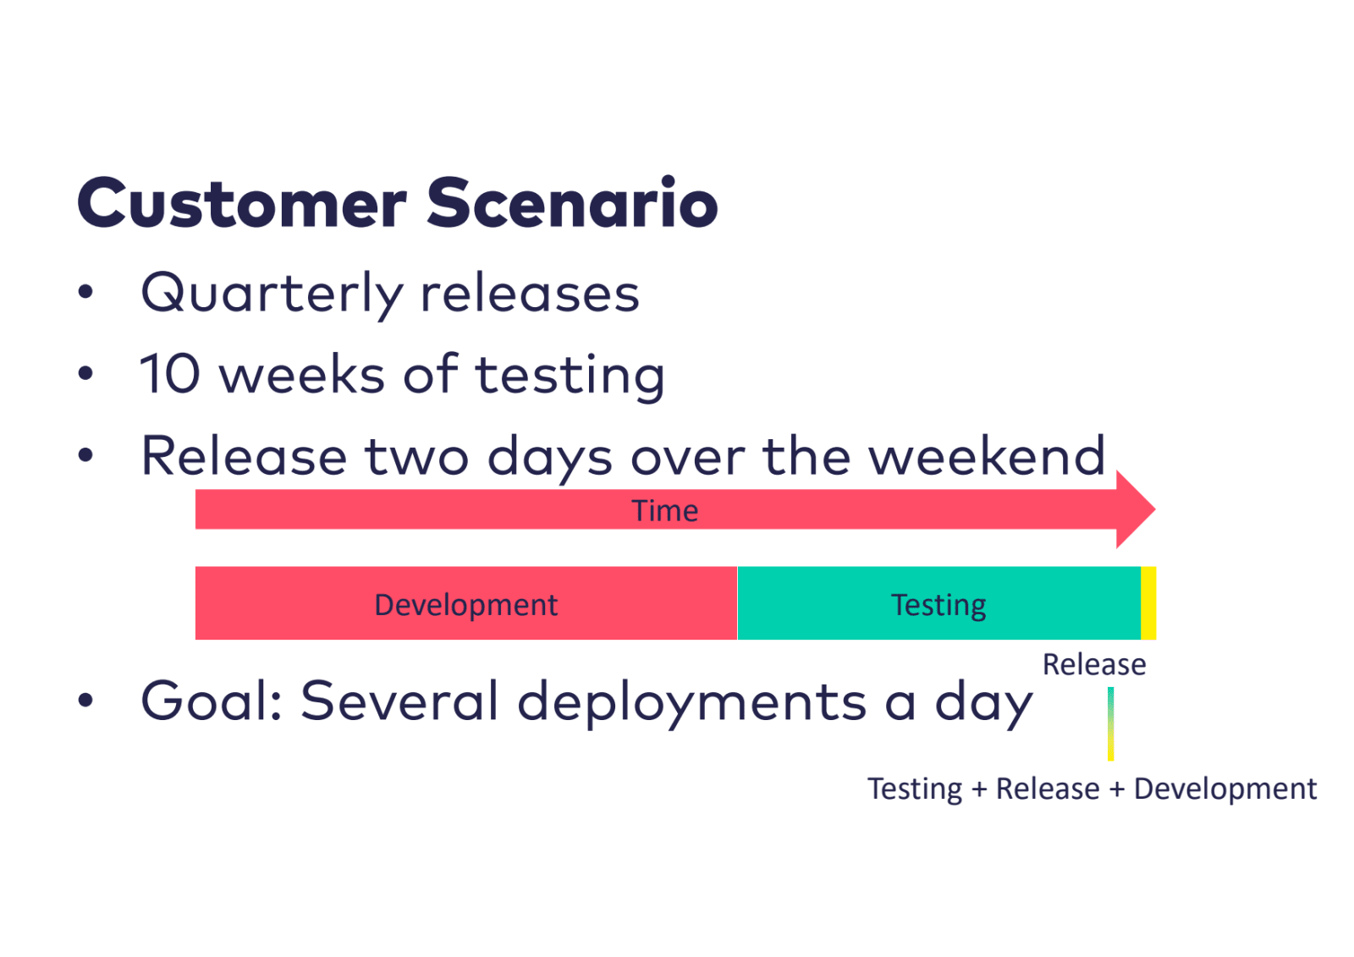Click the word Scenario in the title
pos(573,201)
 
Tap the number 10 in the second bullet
pos(170,374)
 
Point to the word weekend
pos(987,455)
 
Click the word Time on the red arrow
pos(665,511)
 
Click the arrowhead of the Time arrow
pos(1136,509)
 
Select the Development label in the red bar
pos(466,605)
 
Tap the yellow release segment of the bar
pos(1148,602)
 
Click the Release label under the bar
pos(1094,664)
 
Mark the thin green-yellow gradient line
pos(1111,723)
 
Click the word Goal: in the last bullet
pos(212,701)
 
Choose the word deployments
pos(691,703)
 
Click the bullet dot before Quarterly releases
pos(85,292)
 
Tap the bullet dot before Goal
pos(85,700)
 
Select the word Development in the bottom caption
pos(1225,789)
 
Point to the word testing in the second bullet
pos(570,376)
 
